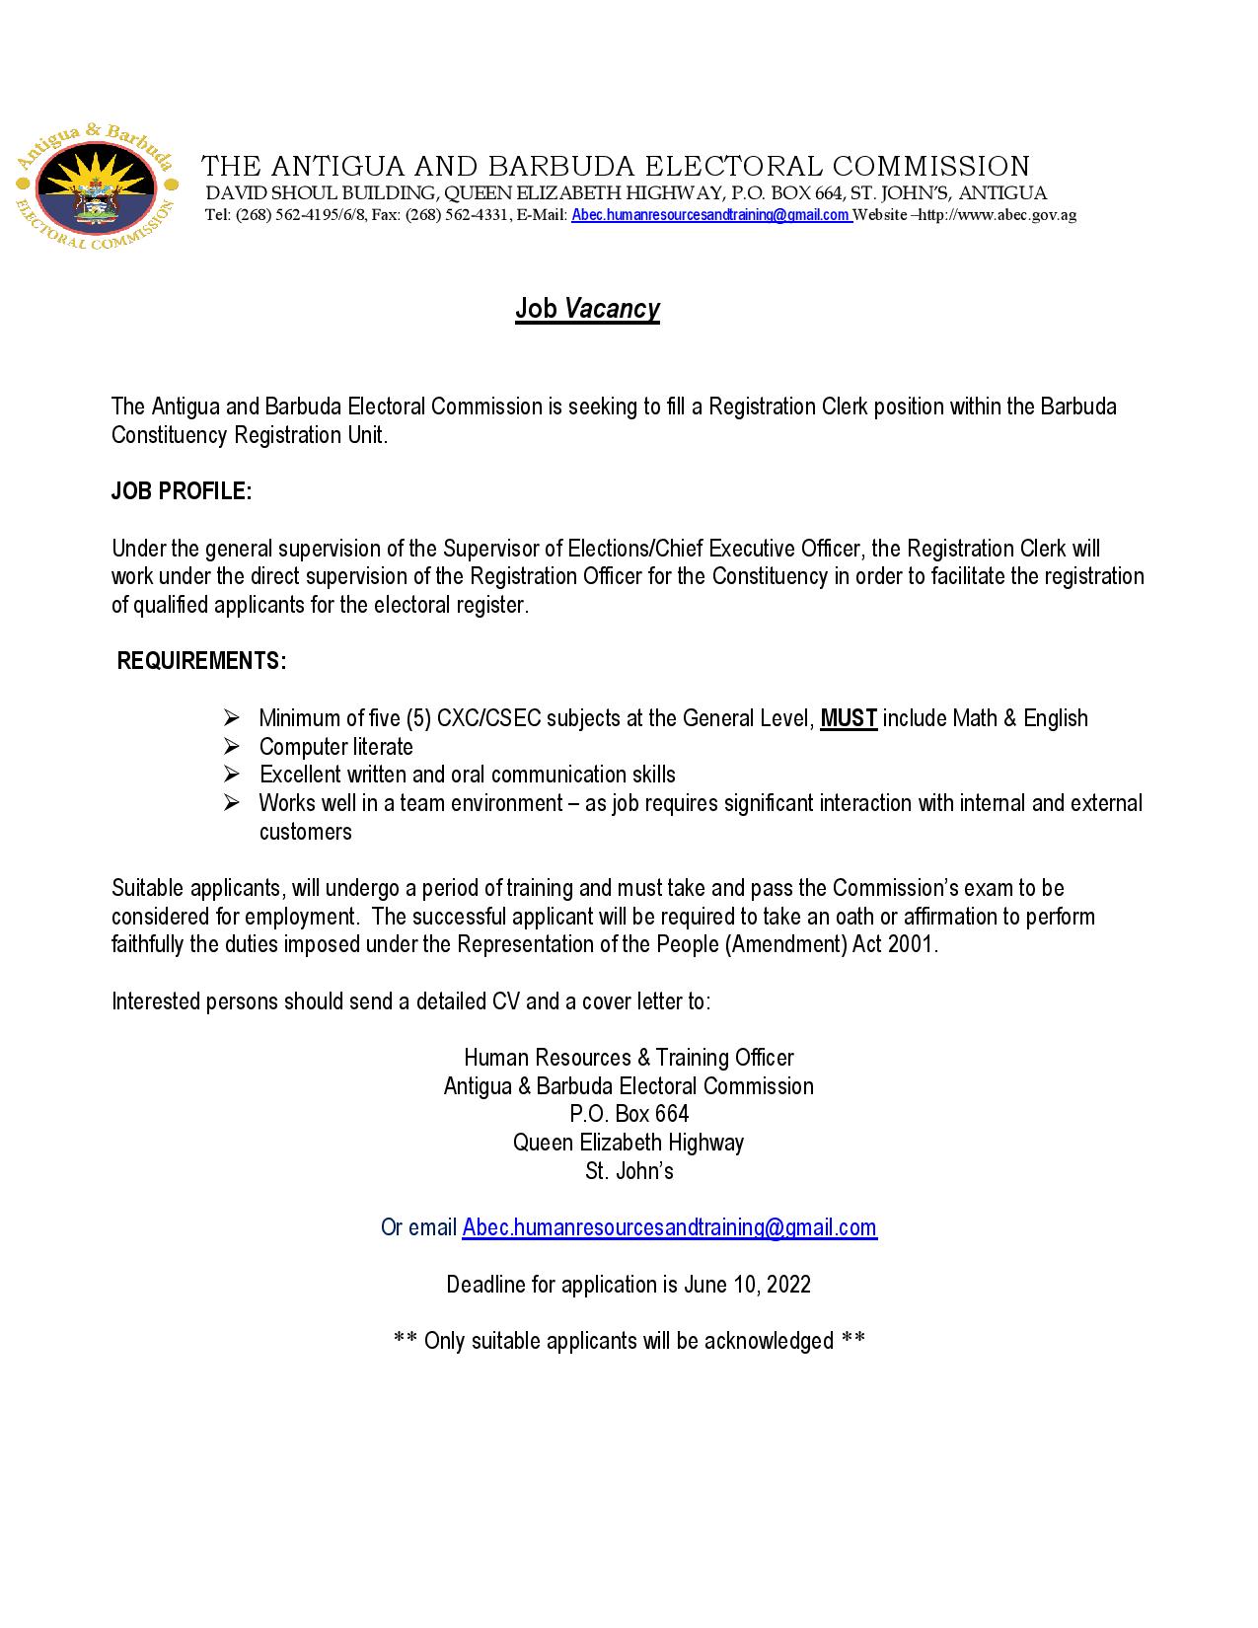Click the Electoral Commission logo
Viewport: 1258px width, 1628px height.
(x=97, y=189)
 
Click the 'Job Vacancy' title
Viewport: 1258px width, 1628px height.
(x=587, y=309)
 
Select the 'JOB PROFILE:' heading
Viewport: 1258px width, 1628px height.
(x=182, y=491)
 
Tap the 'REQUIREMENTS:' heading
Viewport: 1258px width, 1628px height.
(x=202, y=661)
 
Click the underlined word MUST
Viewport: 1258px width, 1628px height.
(x=849, y=718)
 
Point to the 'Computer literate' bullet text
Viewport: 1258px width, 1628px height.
(x=335, y=747)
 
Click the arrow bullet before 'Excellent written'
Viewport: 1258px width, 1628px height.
(x=232, y=775)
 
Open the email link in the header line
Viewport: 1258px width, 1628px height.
(x=710, y=215)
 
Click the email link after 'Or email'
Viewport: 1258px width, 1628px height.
(x=669, y=1227)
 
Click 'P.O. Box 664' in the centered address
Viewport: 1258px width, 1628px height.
(x=629, y=1114)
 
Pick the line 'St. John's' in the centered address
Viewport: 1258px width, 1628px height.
(x=629, y=1171)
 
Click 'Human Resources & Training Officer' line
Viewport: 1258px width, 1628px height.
(x=629, y=1058)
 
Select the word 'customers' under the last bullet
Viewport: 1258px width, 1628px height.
(x=305, y=832)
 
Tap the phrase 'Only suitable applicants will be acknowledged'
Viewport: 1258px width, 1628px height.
(x=629, y=1341)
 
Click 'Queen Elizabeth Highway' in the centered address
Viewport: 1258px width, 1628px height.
(x=629, y=1143)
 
